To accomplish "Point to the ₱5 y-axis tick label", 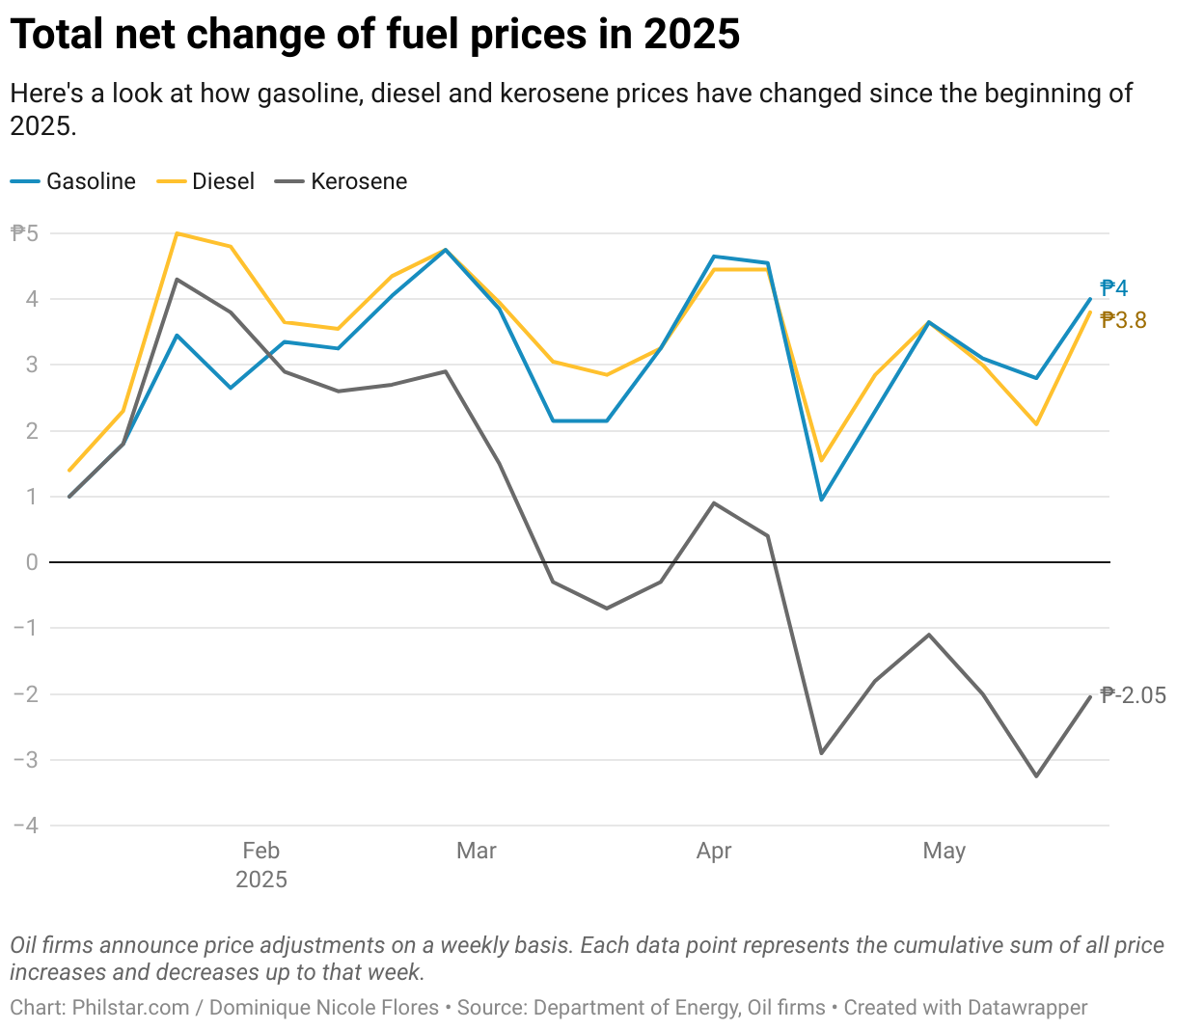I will (x=24, y=232).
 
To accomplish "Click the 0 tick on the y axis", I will (x=32, y=562).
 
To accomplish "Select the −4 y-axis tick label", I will (x=26, y=826).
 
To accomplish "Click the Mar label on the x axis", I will (x=476, y=851).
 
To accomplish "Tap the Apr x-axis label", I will (x=714, y=851).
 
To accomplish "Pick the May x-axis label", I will (x=944, y=851).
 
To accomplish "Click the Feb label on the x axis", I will (x=260, y=851).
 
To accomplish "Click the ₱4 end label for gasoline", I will (x=1114, y=288).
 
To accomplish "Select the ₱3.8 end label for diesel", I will (x=1124, y=320).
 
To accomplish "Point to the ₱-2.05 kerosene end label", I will (x=1134, y=695).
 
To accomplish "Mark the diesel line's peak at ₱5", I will (x=177, y=233).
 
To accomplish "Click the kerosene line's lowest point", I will (x=1037, y=776).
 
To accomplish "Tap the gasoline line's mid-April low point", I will (x=821, y=500).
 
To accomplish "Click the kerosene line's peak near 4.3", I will (x=177, y=280).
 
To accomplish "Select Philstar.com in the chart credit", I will (x=130, y=1008).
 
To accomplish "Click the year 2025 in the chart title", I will (x=691, y=35).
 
